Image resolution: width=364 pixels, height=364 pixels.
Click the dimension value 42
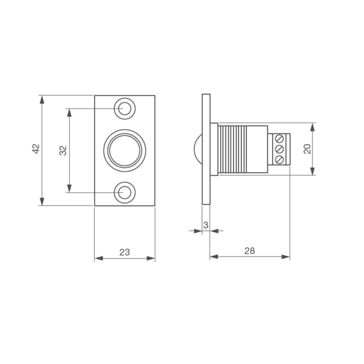36,149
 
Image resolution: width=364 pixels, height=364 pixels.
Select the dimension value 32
63,150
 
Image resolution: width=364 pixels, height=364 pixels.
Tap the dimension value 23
124,252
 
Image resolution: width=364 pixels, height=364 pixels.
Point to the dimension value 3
206,225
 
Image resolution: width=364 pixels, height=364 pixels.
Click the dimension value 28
249,251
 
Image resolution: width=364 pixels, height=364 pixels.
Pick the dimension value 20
307,149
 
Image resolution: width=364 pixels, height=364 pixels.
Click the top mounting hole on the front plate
124,109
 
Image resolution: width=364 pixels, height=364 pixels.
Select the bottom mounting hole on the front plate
124,192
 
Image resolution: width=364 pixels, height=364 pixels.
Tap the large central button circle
124,150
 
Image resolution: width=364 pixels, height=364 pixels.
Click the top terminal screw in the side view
280,139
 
